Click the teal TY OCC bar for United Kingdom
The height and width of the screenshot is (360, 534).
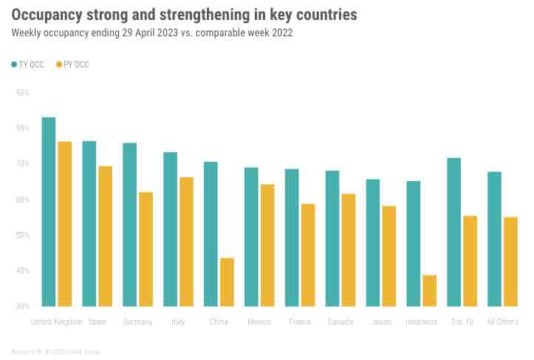coord(49,211)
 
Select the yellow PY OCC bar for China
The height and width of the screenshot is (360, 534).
coord(227,282)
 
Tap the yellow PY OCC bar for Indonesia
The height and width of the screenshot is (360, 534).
coord(430,291)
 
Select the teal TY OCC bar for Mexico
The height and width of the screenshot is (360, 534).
coord(251,237)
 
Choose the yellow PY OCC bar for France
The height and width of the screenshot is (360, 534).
coord(307,254)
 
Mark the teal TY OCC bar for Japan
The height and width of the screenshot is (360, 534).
coord(373,242)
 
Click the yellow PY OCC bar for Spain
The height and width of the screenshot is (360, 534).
coord(105,236)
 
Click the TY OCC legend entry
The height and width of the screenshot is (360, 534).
coord(27,65)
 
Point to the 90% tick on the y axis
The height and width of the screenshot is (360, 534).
coord(22,92)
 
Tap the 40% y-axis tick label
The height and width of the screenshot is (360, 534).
coord(22,271)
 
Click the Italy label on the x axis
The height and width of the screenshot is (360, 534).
coord(178,322)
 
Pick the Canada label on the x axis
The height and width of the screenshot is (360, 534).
coord(340,322)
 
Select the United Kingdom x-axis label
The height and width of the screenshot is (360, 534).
coord(56,322)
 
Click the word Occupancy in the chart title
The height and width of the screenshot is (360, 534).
coord(48,15)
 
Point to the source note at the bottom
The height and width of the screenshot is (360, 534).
coord(55,351)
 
